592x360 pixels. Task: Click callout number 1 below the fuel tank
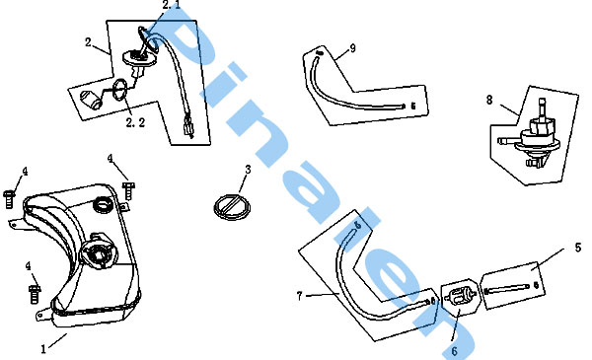pyautogui.click(x=43, y=349)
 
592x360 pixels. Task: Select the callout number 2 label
pyautogui.click(x=88, y=42)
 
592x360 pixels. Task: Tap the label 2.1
pyautogui.click(x=172, y=5)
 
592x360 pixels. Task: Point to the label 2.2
pyautogui.click(x=135, y=122)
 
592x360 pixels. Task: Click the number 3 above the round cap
pyautogui.click(x=248, y=170)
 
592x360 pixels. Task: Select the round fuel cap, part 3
pyautogui.click(x=232, y=207)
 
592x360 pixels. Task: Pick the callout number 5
pyautogui.click(x=578, y=248)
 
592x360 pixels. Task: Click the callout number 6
pyautogui.click(x=454, y=351)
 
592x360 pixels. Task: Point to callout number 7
pyautogui.click(x=299, y=296)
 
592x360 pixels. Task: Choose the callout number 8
pyautogui.click(x=489, y=100)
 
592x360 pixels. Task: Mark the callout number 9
pyautogui.click(x=353, y=48)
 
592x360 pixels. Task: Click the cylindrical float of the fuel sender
pyautogui.click(x=91, y=100)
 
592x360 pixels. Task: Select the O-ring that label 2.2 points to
pyautogui.click(x=120, y=91)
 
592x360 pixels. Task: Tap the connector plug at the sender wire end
pyautogui.click(x=188, y=126)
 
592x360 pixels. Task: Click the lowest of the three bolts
pyautogui.click(x=35, y=294)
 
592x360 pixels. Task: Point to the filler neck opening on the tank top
pyautogui.click(x=103, y=205)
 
